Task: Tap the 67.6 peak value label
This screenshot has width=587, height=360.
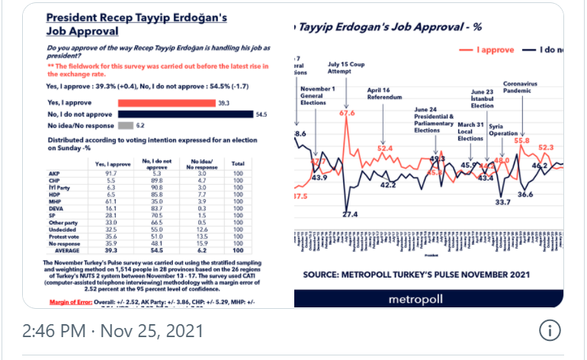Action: pyautogui.click(x=347, y=114)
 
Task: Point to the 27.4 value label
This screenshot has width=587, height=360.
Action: pyautogui.click(x=349, y=215)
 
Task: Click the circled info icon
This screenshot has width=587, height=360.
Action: pyautogui.click(x=550, y=331)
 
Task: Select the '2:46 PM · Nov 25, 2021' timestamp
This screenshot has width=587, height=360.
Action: pyautogui.click(x=113, y=331)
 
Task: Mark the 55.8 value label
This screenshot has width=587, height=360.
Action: pyautogui.click(x=522, y=140)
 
